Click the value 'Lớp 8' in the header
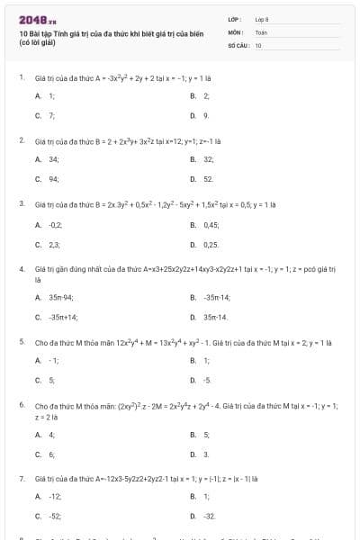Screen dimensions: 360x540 (x=261, y=18)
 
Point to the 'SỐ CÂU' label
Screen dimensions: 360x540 (x=237, y=43)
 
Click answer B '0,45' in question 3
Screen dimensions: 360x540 (x=211, y=222)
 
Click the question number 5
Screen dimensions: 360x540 (x=21, y=342)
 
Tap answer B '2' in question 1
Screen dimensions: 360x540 (x=205, y=94)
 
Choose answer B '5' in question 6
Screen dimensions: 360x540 (x=205, y=434)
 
